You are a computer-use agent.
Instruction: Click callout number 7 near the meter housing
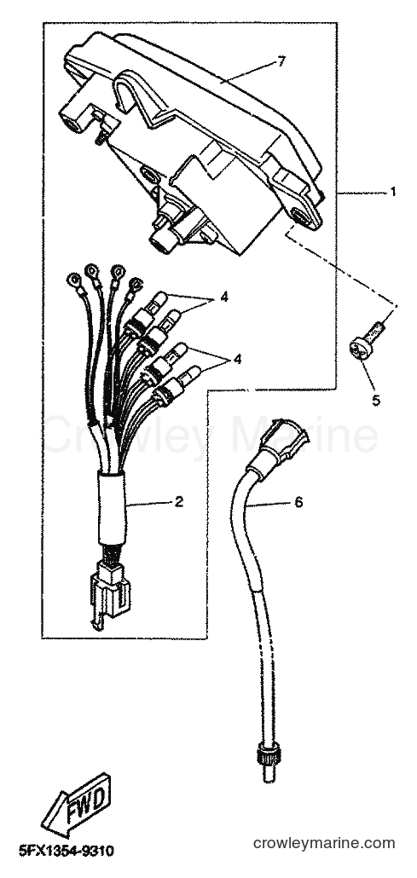click(x=281, y=62)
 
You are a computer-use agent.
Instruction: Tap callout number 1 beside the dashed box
click(x=393, y=192)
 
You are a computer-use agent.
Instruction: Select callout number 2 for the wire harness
click(x=179, y=502)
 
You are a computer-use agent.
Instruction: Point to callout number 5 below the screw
click(x=375, y=401)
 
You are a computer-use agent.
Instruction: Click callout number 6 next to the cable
click(x=298, y=503)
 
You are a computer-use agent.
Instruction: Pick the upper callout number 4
click(x=224, y=297)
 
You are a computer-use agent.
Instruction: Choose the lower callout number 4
click(x=238, y=359)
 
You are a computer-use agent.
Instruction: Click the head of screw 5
click(x=359, y=349)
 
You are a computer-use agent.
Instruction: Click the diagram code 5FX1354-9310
click(x=67, y=852)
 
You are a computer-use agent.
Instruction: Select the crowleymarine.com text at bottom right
click(x=324, y=843)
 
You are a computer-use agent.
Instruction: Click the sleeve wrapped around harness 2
click(x=113, y=508)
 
